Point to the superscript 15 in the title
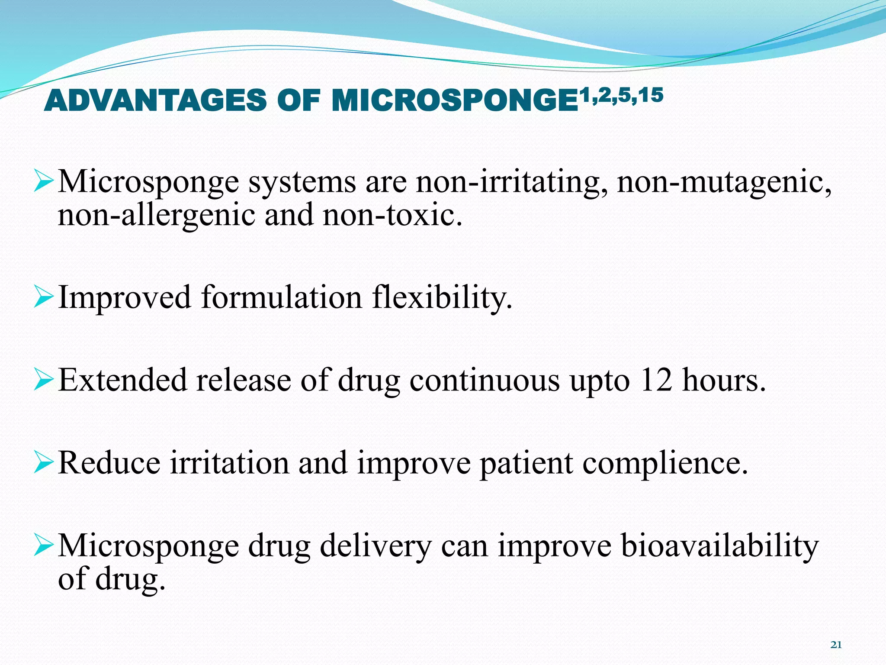pos(651,95)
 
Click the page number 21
pos(836,645)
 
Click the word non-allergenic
pos(156,215)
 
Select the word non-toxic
pos(392,215)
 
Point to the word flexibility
pos(442,298)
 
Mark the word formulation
pos(281,298)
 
